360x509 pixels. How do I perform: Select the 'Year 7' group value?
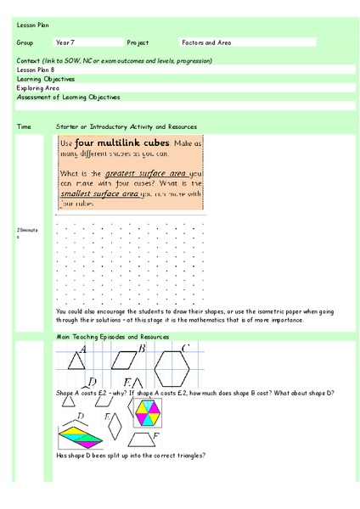(x=65, y=42)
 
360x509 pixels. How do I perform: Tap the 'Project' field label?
(x=138, y=42)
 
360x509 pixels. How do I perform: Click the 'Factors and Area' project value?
(x=203, y=42)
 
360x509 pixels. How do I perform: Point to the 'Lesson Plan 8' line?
(x=34, y=70)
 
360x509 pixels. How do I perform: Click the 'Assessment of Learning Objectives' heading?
(x=68, y=97)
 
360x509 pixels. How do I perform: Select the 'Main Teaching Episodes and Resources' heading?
(x=106, y=337)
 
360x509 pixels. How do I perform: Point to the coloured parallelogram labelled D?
(x=82, y=435)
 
